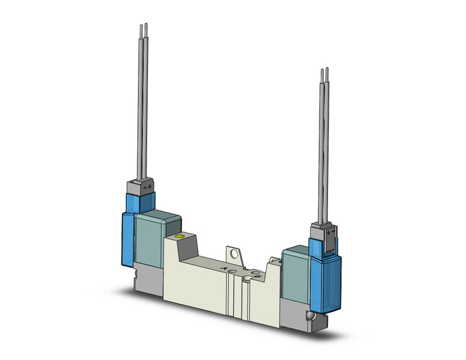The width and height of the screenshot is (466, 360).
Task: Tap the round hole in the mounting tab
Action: click(x=234, y=251)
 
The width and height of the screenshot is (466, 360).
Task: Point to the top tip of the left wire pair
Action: click(x=143, y=26)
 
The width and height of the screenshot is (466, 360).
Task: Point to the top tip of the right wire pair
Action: click(x=324, y=71)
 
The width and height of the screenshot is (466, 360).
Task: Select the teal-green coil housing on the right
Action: click(x=296, y=268)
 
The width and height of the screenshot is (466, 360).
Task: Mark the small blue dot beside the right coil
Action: click(x=280, y=262)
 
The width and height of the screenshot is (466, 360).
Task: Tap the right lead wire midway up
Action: click(x=324, y=147)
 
